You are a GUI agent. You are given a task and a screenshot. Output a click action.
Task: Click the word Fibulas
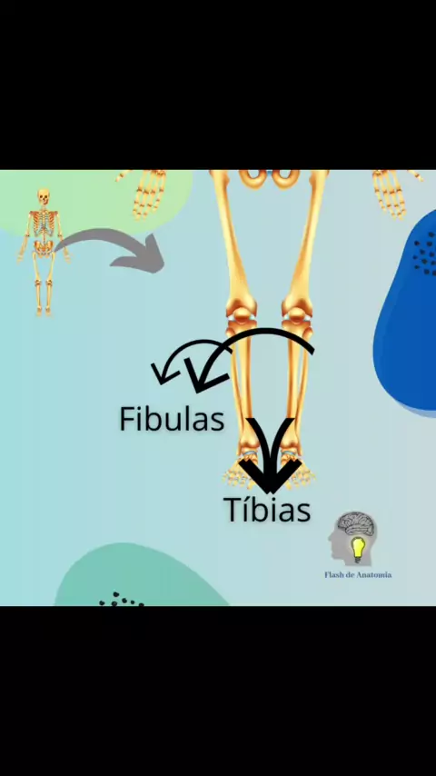tap(172, 419)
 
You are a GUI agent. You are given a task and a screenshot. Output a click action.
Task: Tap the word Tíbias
tap(267, 510)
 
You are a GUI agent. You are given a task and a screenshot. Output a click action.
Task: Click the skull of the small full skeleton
tap(44, 197)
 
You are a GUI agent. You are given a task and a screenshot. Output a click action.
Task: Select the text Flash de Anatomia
tap(358, 575)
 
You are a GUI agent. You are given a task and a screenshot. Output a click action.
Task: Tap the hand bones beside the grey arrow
tap(148, 193)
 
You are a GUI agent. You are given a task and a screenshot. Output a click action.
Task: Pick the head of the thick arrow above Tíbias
tap(270, 476)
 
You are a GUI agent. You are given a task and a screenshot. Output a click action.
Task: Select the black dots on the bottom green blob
tap(121, 600)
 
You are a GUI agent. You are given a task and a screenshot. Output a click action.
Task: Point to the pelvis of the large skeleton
tap(270, 177)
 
